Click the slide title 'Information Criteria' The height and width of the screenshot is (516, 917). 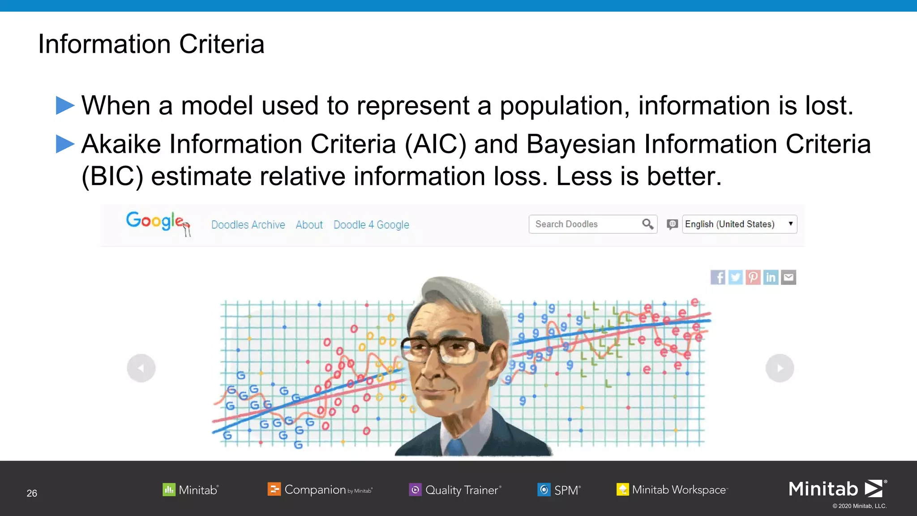click(151, 44)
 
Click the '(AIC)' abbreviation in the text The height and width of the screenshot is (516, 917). click(435, 144)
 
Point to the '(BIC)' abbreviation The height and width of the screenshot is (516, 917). click(112, 176)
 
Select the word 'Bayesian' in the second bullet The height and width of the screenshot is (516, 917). click(581, 144)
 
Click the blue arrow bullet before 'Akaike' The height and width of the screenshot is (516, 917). click(65, 144)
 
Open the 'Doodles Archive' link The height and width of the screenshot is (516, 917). click(248, 225)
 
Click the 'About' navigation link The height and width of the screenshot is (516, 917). click(309, 225)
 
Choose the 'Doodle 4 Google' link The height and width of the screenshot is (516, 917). click(371, 225)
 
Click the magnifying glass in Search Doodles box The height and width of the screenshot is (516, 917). click(647, 224)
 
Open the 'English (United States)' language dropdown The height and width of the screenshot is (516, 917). click(739, 224)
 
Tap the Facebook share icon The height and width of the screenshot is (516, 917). click(718, 278)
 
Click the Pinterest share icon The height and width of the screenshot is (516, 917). click(753, 278)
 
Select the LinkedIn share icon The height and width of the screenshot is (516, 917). click(771, 278)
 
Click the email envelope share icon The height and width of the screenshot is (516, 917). click(788, 278)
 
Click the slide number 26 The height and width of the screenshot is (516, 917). click(32, 493)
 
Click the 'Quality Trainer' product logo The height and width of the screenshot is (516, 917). click(455, 490)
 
